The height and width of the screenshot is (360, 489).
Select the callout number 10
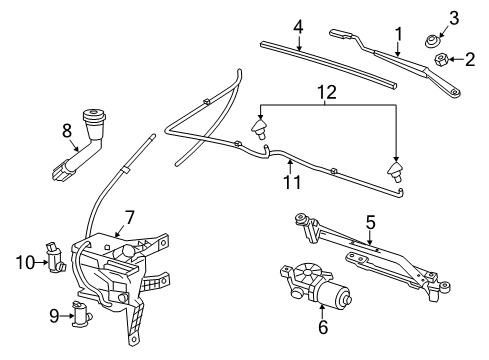tap(27, 263)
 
